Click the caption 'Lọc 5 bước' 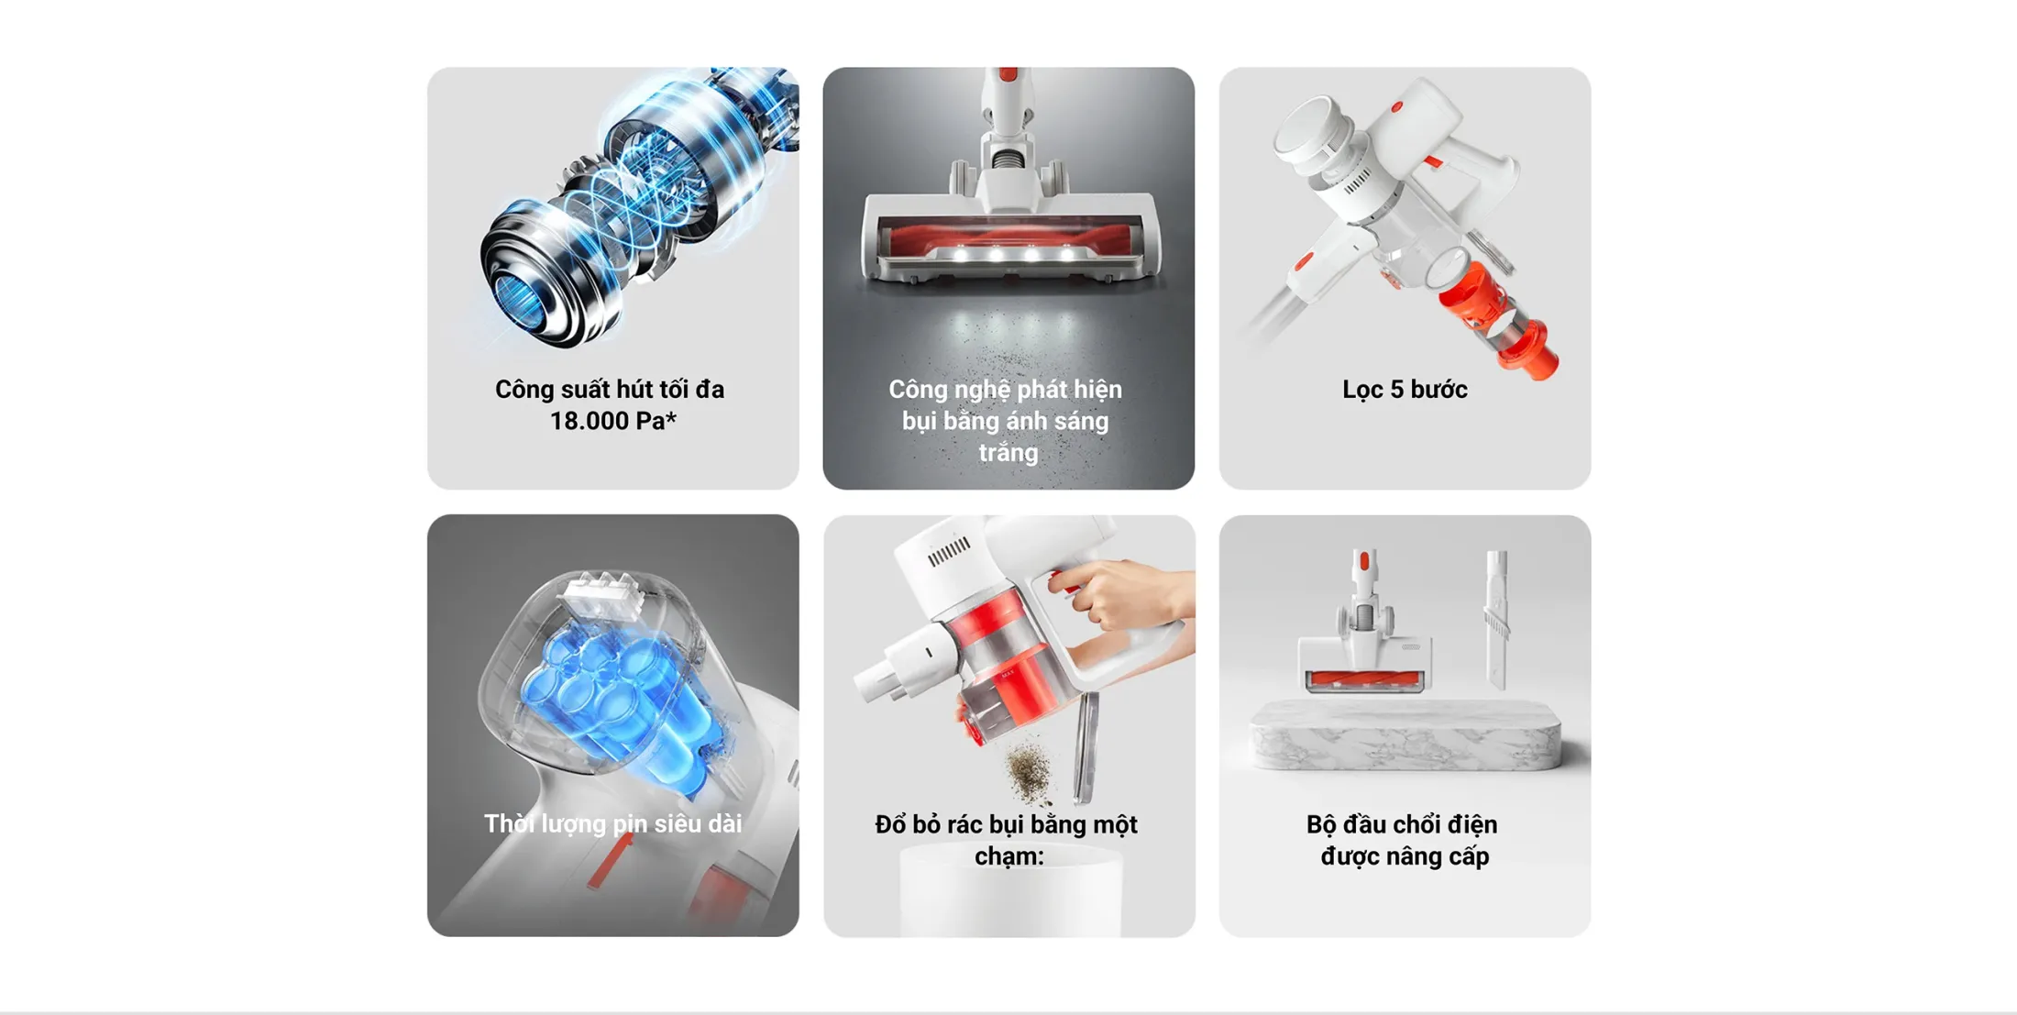1405,390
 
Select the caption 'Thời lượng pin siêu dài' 612,823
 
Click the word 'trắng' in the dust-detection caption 1008,453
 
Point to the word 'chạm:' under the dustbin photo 1008,856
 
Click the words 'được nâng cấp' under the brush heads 1405,856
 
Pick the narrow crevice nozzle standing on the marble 1496,619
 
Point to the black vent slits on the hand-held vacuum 948,550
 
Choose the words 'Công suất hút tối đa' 610,390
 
